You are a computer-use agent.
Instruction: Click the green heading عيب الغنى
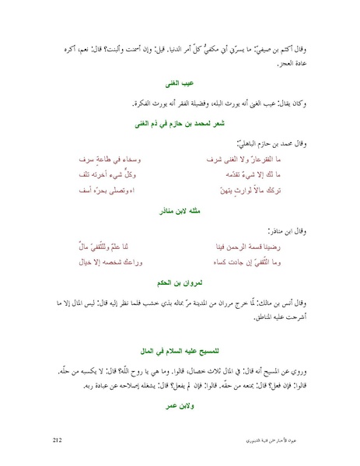[181, 81]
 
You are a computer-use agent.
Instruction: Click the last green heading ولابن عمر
[181, 405]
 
